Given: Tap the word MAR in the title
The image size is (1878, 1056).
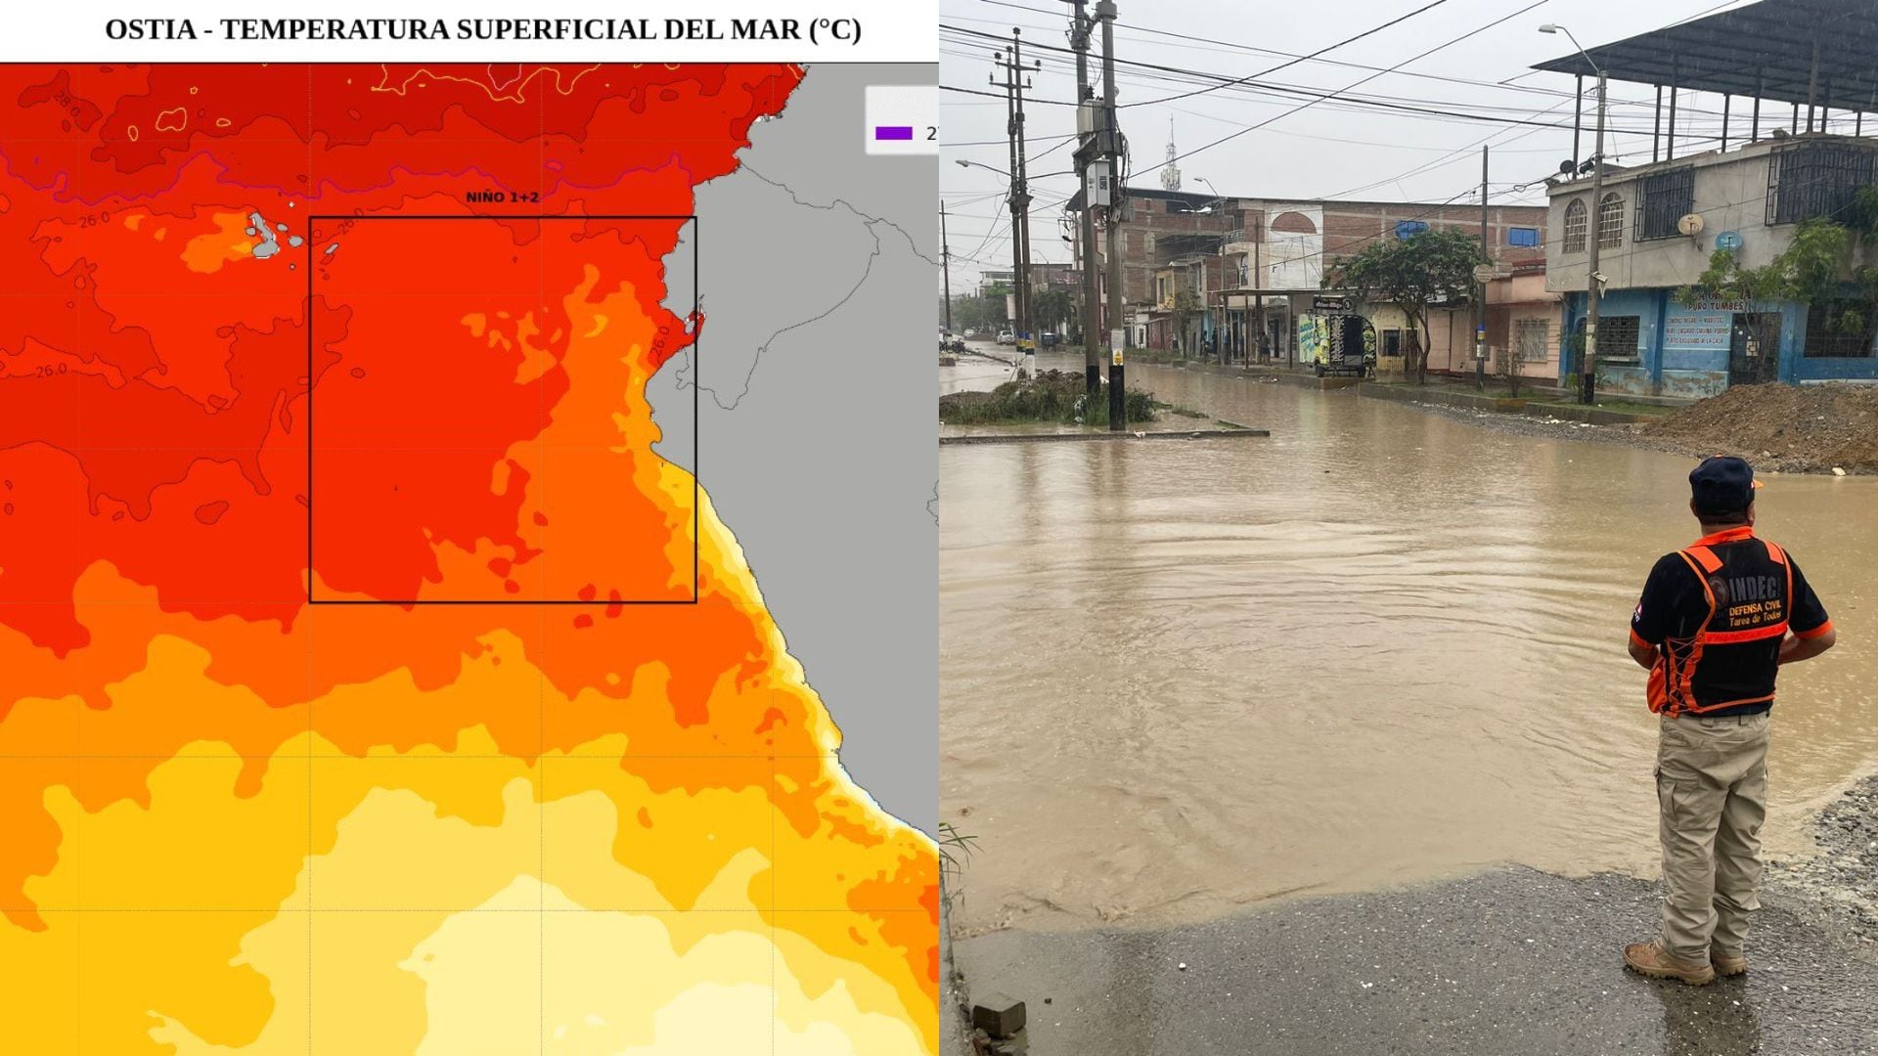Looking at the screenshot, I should point(767,29).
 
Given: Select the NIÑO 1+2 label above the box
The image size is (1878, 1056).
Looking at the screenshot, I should point(502,198).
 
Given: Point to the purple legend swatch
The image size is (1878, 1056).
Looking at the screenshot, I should point(893,133).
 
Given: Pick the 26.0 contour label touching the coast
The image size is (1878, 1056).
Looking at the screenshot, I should point(660,341).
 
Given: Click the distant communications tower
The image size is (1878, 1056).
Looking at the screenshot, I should point(1170,161).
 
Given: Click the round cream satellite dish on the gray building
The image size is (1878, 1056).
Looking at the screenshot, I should point(1689,225).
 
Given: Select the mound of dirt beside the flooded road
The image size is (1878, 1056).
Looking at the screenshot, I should point(1770,420).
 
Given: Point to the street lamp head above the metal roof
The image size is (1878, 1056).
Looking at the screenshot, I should point(1551,29).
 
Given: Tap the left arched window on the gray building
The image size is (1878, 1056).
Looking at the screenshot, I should point(1575,226).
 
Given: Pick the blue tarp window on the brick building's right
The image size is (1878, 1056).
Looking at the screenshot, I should point(1523,237).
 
